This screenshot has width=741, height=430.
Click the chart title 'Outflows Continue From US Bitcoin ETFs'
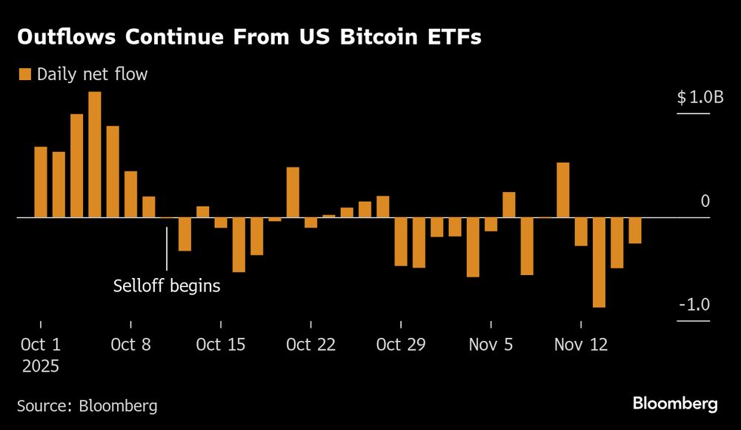pyautogui.click(x=249, y=38)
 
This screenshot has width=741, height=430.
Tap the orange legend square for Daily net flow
pyautogui.click(x=24, y=74)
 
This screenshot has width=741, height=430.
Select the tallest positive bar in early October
pyautogui.click(x=94, y=154)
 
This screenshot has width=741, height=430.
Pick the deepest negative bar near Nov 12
pyautogui.click(x=599, y=262)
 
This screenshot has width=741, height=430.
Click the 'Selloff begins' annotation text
pyautogui.click(x=167, y=285)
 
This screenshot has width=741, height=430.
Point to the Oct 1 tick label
pyautogui.click(x=40, y=345)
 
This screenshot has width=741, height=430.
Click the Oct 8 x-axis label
pyautogui.click(x=130, y=345)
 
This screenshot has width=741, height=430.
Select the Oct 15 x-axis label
pyautogui.click(x=221, y=345)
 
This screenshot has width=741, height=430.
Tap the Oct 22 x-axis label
pyautogui.click(x=310, y=345)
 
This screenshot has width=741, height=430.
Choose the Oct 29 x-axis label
pyautogui.click(x=401, y=345)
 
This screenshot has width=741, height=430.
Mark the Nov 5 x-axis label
pyautogui.click(x=491, y=345)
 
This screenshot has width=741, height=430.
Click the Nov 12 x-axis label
pyautogui.click(x=582, y=345)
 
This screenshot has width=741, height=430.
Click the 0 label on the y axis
pyautogui.click(x=705, y=201)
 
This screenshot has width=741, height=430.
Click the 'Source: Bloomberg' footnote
pyautogui.click(x=87, y=406)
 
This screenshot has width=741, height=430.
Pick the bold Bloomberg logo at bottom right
pyautogui.click(x=675, y=404)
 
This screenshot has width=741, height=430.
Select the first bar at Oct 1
pyautogui.click(x=41, y=182)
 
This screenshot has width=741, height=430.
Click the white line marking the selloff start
pyautogui.click(x=167, y=248)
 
